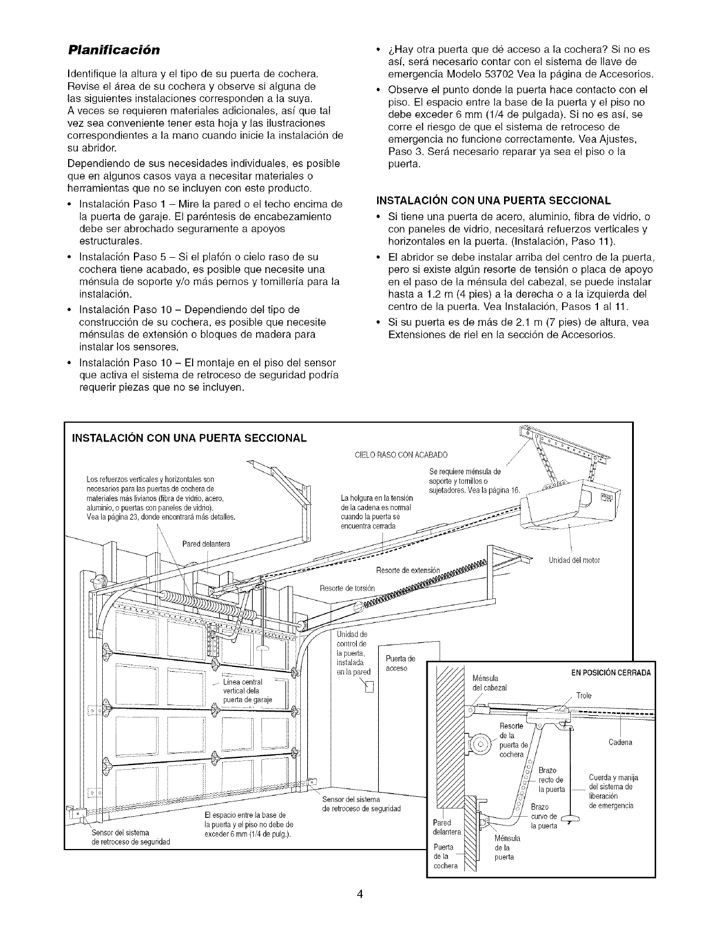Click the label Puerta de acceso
coord(400,663)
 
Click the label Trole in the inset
coord(584,696)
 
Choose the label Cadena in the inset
coord(620,743)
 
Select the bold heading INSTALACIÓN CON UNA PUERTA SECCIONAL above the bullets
coord(493,200)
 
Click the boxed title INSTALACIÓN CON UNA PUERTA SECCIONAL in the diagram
coord(189,438)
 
